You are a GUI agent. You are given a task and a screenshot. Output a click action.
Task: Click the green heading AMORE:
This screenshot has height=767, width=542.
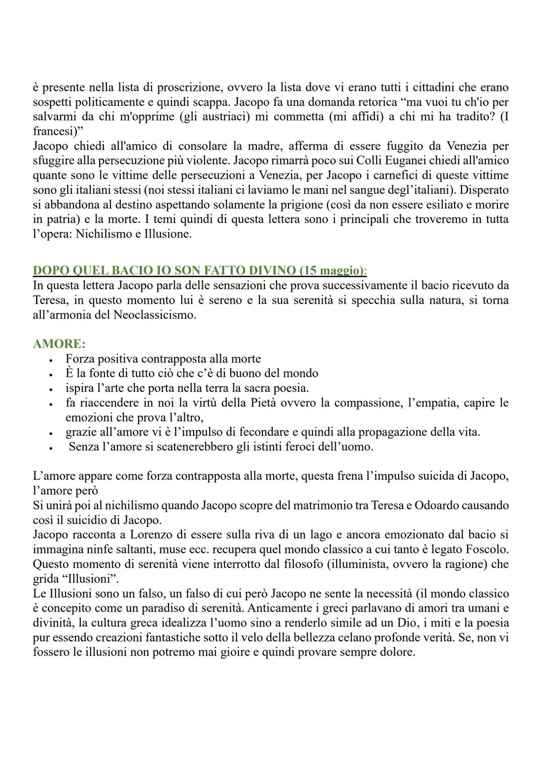click(59, 344)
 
